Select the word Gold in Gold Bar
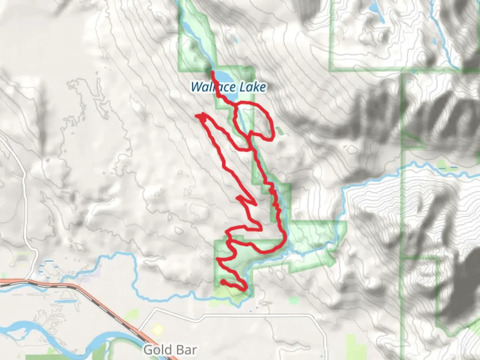[x=155, y=350]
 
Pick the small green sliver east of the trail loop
[x=280, y=131]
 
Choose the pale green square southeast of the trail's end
[x=294, y=300]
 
